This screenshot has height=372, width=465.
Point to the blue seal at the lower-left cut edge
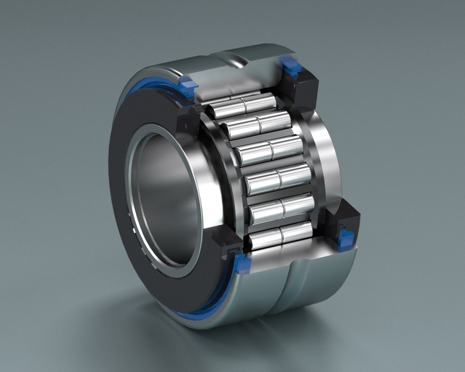(x=242, y=263)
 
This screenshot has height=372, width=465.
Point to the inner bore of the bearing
(x=165, y=195)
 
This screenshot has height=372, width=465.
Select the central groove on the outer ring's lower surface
(x=288, y=293)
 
